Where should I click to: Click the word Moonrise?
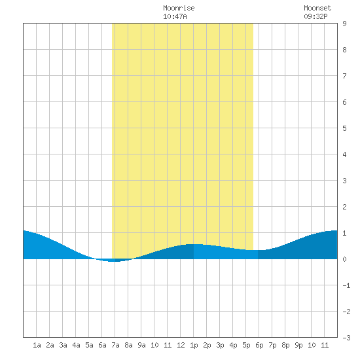[179, 8]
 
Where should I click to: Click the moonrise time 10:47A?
[175, 16]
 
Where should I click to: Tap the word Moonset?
[317, 8]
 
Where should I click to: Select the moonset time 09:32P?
[315, 16]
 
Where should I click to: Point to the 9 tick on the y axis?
[344, 24]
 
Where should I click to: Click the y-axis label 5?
[344, 128]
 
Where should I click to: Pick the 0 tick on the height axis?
[344, 259]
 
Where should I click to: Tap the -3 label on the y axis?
[346, 338]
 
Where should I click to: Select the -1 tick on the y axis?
[346, 285]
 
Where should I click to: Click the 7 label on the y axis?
[344, 76]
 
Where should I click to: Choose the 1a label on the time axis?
[37, 345]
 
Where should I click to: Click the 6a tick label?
[102, 345]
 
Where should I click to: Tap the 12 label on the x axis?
[181, 345]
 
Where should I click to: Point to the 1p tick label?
[194, 345]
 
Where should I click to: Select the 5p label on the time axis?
[246, 345]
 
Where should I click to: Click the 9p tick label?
[298, 345]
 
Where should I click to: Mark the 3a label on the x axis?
[63, 345]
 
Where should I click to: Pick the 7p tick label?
[272, 345]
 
